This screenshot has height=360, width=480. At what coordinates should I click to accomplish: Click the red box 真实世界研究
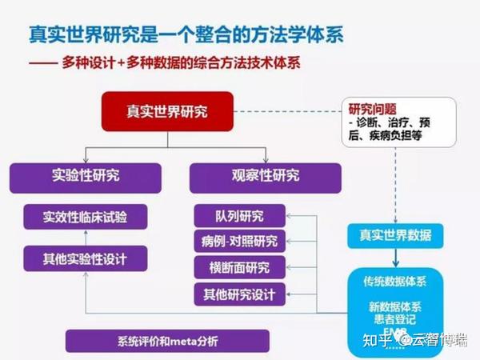pos(166,111)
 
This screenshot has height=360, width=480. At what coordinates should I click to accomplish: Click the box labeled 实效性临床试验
pos(86,217)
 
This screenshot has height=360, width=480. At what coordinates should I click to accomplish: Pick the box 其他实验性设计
pos(86,258)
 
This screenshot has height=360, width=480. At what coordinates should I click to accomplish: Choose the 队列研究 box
pos(239,216)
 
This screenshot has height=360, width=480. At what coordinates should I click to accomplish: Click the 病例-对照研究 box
pos(239,242)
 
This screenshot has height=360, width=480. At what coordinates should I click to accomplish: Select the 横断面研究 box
pos(239,268)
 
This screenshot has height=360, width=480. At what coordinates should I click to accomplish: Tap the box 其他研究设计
pos(239,294)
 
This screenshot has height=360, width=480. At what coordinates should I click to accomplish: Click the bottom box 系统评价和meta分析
pos(144,342)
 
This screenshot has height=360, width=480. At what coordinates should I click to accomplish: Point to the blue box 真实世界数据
pos(395,236)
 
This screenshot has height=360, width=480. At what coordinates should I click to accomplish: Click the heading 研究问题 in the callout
pos(372,109)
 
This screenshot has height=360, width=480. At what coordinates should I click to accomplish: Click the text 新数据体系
pos(394,306)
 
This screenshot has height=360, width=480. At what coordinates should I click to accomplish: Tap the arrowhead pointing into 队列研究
pos(290,216)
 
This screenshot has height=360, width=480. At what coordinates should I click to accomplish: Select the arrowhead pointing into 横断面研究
pos(290,268)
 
